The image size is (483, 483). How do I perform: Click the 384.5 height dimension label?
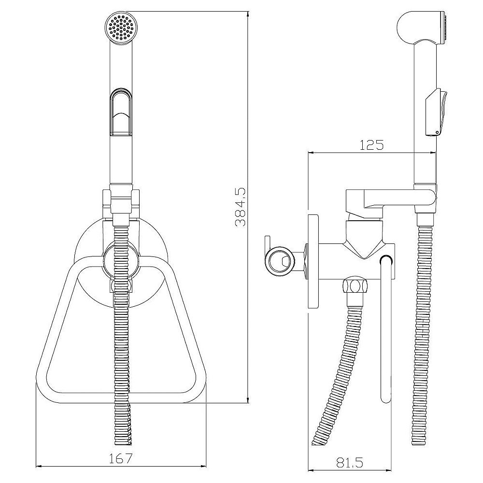click(x=241, y=207)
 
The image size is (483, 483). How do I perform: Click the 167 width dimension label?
click(x=120, y=459)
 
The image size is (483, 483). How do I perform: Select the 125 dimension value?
click(x=372, y=145)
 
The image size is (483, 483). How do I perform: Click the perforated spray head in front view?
click(x=120, y=27)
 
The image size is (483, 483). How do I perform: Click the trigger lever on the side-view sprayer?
click(x=436, y=112)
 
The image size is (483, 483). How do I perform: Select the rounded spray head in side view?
click(x=421, y=27)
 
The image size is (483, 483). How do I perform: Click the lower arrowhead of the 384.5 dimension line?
click(x=248, y=399)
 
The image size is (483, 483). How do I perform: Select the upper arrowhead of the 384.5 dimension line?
click(x=248, y=15)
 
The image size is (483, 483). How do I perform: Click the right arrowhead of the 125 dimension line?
click(x=433, y=152)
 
